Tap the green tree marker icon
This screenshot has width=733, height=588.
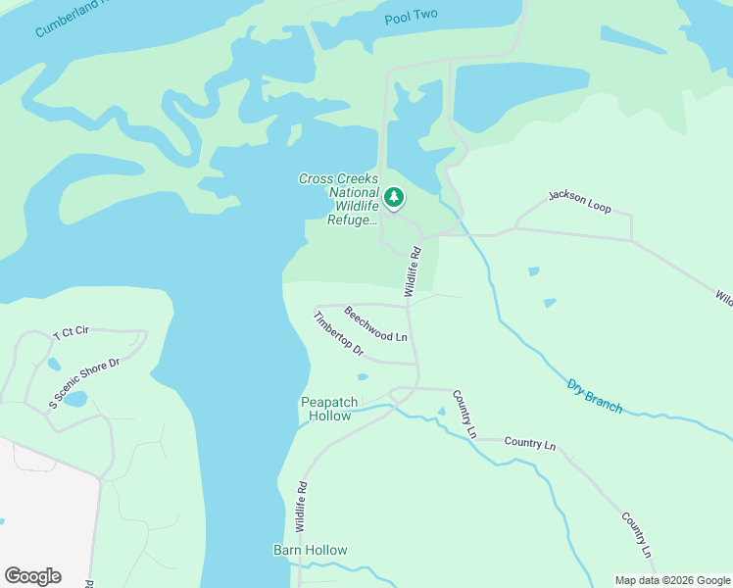pyautogui.click(x=394, y=198)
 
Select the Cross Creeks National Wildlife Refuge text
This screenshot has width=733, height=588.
pyautogui.click(x=338, y=200)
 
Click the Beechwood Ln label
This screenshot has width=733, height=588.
pyautogui.click(x=375, y=324)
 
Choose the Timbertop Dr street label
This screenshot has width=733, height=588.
pyautogui.click(x=338, y=334)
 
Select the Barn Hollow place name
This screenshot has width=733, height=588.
pyautogui.click(x=310, y=550)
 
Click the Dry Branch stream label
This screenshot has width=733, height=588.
pyautogui.click(x=594, y=395)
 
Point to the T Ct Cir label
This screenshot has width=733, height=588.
pyautogui.click(x=71, y=332)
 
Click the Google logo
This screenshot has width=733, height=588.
pyautogui.click(x=32, y=576)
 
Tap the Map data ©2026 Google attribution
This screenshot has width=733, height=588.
pyautogui.click(x=671, y=579)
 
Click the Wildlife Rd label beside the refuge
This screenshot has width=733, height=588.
pyautogui.click(x=414, y=271)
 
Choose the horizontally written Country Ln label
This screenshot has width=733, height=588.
pyautogui.click(x=529, y=443)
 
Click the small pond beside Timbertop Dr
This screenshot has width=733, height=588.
pyautogui.click(x=364, y=376)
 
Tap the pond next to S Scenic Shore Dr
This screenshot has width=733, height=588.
pyautogui.click(x=75, y=399)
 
